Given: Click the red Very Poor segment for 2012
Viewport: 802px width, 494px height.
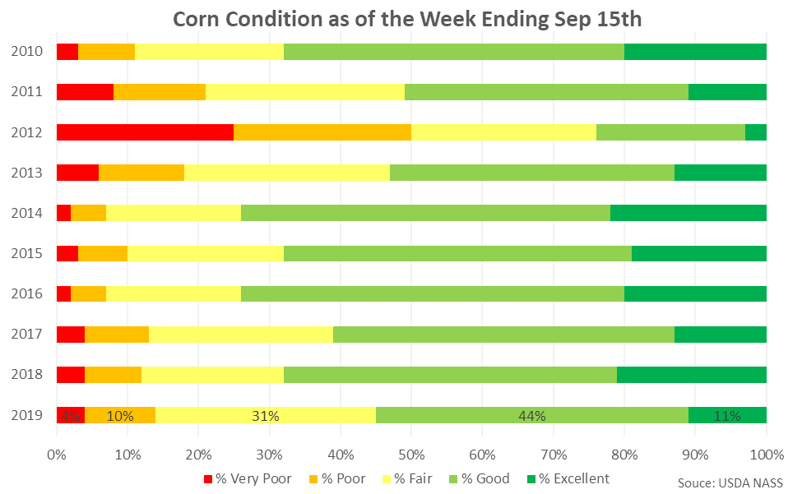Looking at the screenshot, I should click(145, 132).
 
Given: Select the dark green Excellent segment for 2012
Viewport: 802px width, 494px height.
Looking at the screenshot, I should click(755, 132).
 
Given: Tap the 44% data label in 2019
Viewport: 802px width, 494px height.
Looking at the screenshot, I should click(531, 416).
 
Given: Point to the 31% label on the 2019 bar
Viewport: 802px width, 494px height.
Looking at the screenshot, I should click(266, 416).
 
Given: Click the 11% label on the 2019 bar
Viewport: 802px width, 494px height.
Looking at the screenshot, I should click(727, 416).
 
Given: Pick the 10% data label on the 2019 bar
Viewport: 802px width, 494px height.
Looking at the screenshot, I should click(120, 416).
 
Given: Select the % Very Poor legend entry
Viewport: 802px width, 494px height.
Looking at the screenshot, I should click(247, 478).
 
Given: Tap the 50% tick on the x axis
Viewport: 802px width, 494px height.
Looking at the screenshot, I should click(411, 453).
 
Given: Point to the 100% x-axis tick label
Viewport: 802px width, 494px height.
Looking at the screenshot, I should click(766, 453).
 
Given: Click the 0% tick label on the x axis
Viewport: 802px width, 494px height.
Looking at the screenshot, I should click(57, 453).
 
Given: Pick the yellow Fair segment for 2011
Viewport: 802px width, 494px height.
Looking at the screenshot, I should click(304, 92).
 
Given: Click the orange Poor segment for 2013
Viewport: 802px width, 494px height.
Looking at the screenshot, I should click(141, 173).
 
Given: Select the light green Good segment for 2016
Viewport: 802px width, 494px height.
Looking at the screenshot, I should click(432, 294).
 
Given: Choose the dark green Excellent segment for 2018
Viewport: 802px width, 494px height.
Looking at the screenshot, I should click(691, 375).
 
